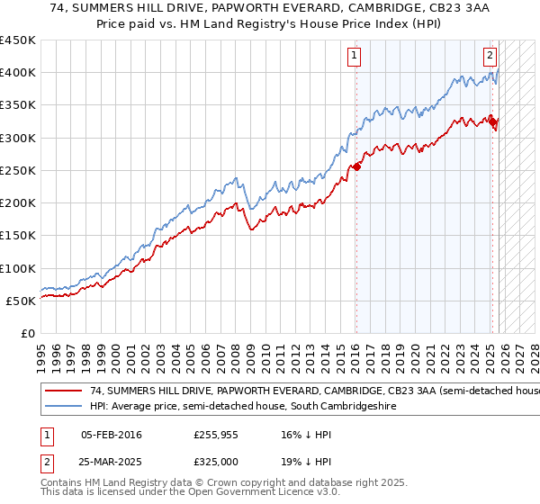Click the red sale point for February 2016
click(x=356, y=166)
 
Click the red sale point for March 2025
click(x=493, y=121)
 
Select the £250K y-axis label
click(x=18, y=170)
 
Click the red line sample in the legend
click(x=64, y=391)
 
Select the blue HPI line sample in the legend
click(x=64, y=407)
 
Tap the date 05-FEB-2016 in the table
click(x=111, y=435)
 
